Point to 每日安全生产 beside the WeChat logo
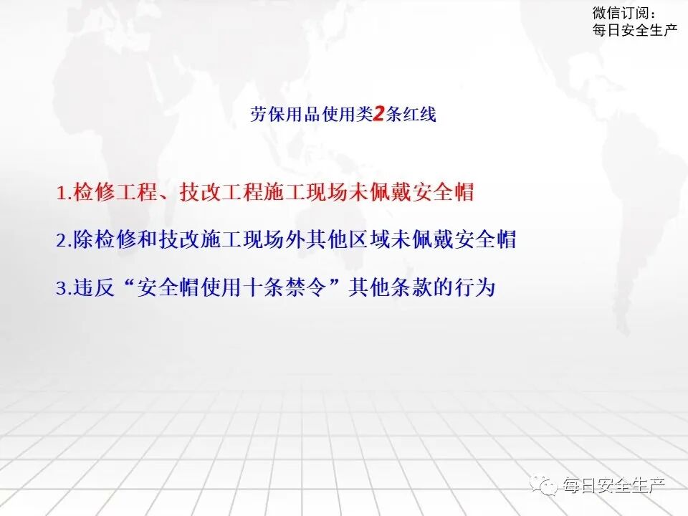615,485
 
